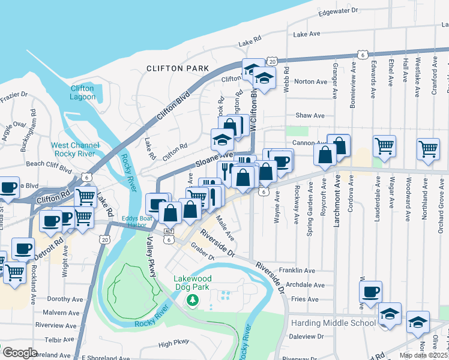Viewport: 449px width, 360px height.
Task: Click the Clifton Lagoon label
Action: (82, 92)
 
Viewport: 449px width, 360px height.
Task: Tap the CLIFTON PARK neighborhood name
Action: (178, 68)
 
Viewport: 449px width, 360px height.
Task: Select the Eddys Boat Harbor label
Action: (136, 222)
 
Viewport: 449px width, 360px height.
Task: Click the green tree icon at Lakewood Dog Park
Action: (192, 299)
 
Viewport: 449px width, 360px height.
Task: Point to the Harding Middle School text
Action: (333, 323)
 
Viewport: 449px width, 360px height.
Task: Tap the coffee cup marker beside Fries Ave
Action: (370, 292)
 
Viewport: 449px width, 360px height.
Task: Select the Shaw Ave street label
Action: (310, 115)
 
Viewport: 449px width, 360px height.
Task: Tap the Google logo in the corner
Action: (19, 353)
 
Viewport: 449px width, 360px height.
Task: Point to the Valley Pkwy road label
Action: (152, 257)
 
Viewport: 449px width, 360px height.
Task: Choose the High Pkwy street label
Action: (173, 344)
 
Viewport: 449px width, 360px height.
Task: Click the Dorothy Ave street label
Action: (64, 299)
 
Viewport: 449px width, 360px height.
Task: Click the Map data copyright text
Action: (424, 355)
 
